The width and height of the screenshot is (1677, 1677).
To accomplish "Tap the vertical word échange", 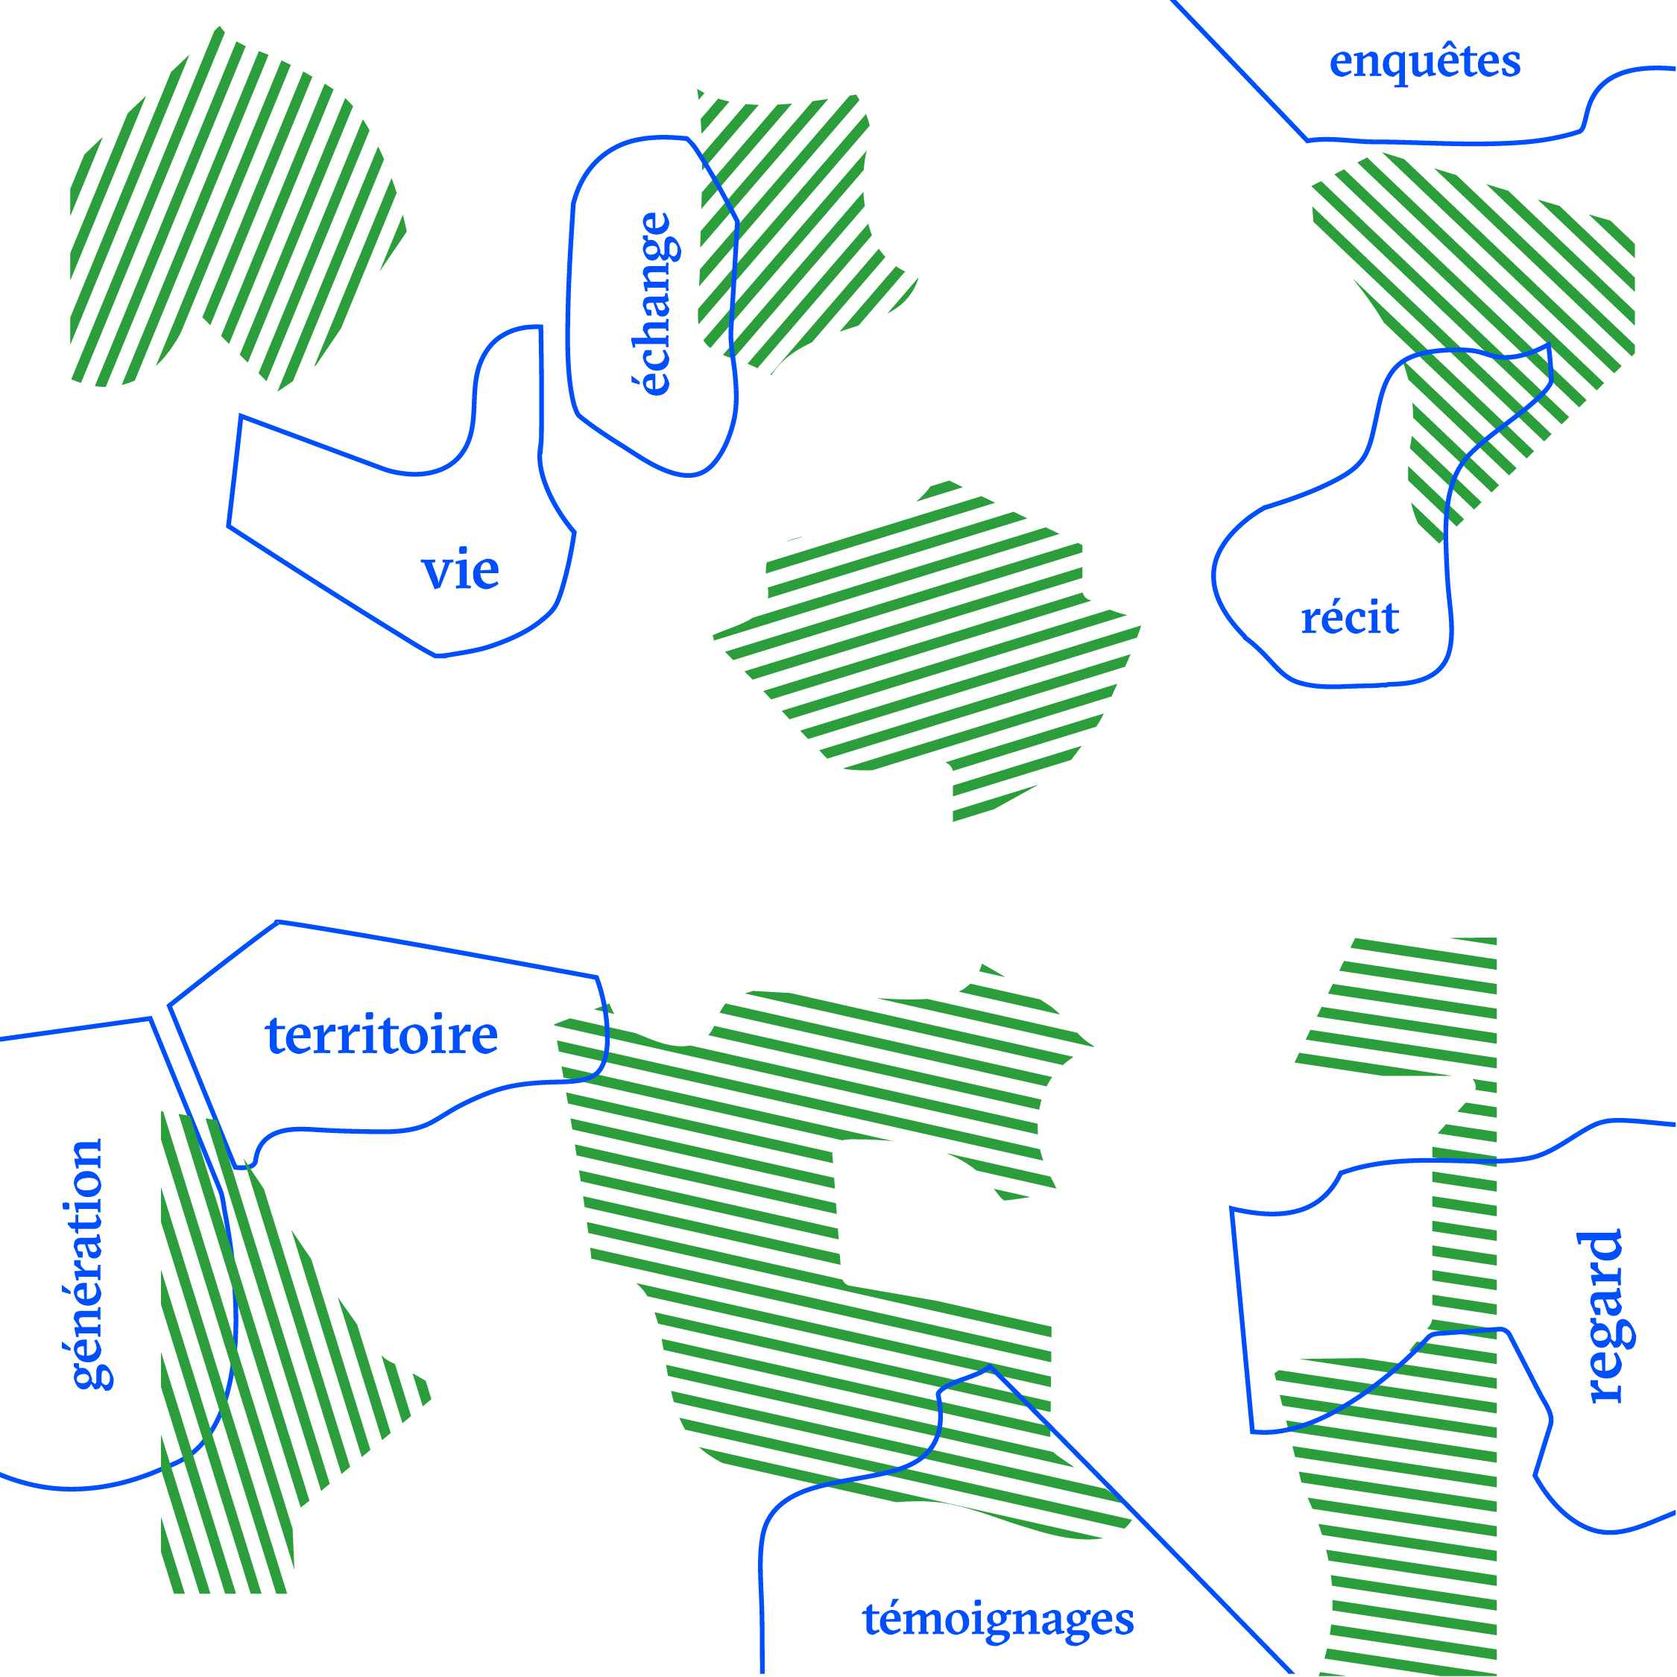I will coord(655,304).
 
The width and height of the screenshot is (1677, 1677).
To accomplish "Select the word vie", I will coord(460,570).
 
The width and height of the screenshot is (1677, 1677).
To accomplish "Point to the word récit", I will coord(1350,618).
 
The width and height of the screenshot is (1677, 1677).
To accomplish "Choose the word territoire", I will coord(381,1035).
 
